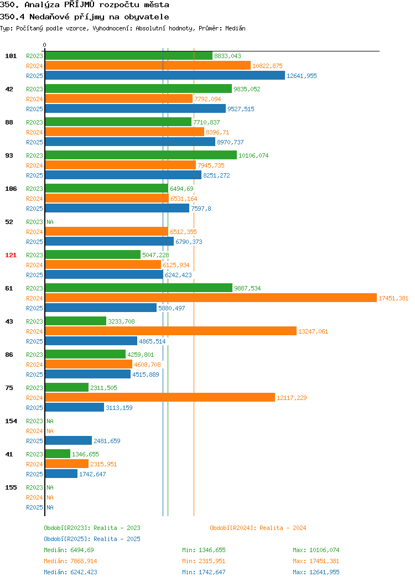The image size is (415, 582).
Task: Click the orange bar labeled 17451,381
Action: pyautogui.click(x=211, y=298)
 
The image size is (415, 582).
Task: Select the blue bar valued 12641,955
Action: pyautogui.click(x=165, y=76)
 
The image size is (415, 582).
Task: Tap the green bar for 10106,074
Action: pyautogui.click(x=141, y=155)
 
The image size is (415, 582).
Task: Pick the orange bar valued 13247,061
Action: pyautogui.click(x=171, y=331)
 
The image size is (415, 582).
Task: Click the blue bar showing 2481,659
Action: pyautogui.click(x=69, y=440)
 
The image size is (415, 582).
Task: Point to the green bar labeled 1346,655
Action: pyautogui.click(x=58, y=454)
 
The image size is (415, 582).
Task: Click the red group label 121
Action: pyautogui.click(x=11, y=255)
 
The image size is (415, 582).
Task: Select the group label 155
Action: pyautogui.click(x=11, y=487)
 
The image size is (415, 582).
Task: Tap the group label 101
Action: pyautogui.click(x=11, y=56)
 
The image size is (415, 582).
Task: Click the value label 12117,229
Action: pyautogui.click(x=292, y=398)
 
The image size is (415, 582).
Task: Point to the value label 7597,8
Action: pyautogui.click(x=201, y=209)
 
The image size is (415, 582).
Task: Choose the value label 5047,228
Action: pyautogui.click(x=155, y=255)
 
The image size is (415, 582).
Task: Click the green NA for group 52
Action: pyautogui.click(x=50, y=222)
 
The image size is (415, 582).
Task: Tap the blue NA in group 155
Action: pyautogui.click(x=50, y=507)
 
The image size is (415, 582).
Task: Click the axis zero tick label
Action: pyautogui.click(x=45, y=45)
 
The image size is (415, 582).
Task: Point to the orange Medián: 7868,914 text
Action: pyautogui.click(x=70, y=561)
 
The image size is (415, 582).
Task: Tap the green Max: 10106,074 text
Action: pyautogui.click(x=316, y=550)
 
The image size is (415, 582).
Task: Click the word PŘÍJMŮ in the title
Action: pyautogui.click(x=80, y=5)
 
